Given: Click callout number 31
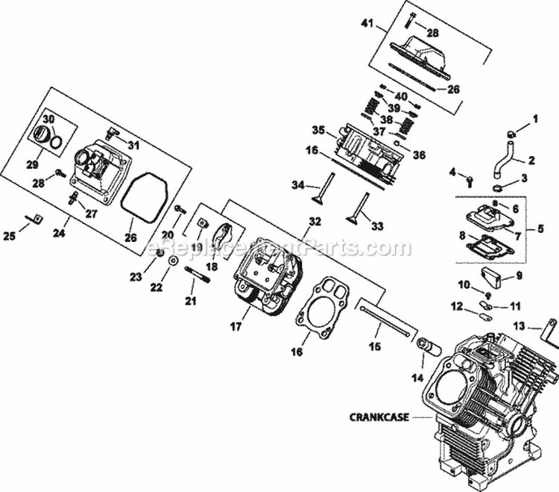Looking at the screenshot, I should tap(134, 144).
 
